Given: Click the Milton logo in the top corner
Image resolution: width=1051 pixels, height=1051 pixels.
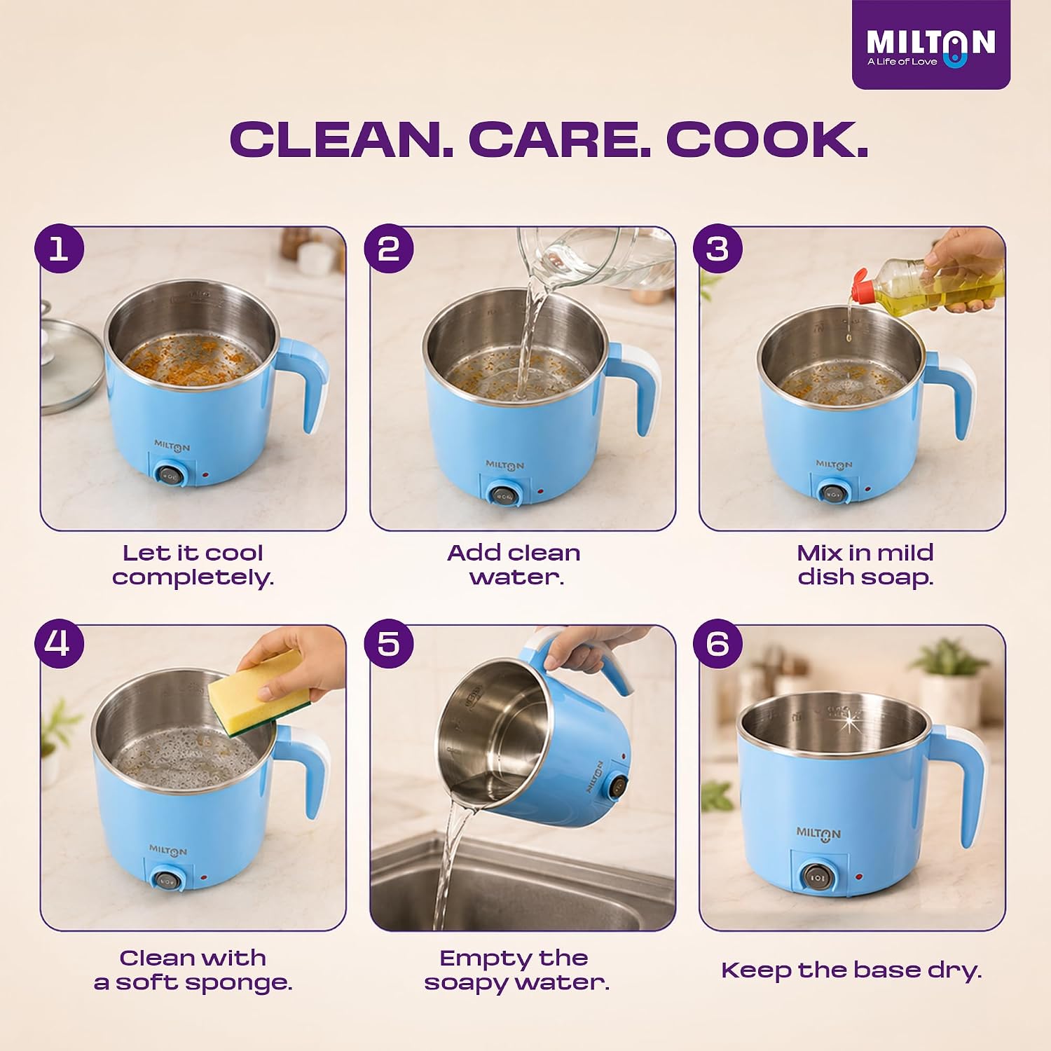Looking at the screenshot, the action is point(930,45).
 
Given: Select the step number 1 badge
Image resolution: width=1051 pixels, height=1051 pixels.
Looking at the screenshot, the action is point(60,249).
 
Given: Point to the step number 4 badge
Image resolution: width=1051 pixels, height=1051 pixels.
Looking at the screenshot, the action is point(60,643).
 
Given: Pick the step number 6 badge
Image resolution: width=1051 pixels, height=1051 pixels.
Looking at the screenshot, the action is point(717,643).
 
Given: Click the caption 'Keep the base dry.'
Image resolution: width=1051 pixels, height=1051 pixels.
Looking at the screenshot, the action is point(851,970).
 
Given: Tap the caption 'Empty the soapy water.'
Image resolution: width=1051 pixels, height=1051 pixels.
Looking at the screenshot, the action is point(516,970).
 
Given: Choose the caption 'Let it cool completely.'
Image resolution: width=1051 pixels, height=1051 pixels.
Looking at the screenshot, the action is point(193,565).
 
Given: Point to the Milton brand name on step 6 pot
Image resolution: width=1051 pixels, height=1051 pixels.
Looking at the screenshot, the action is point(818,833).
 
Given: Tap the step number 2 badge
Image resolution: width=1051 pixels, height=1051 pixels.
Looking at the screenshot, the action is point(389,249).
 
